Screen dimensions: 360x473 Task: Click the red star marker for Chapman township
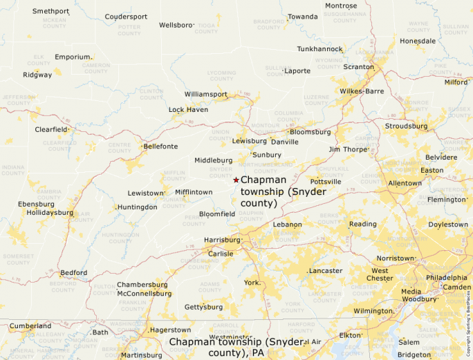click(x=236, y=180)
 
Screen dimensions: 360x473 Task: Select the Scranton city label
click(x=358, y=67)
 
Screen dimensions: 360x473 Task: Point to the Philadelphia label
click(x=446, y=277)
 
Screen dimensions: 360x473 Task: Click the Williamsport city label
click(x=205, y=94)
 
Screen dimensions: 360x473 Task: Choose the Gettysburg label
click(x=203, y=307)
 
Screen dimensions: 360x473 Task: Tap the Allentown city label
click(x=405, y=183)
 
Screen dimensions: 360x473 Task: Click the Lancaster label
click(x=326, y=270)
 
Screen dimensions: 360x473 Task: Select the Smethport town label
click(x=50, y=12)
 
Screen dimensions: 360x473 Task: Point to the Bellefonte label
click(x=160, y=146)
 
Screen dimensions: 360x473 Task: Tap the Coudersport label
click(x=126, y=17)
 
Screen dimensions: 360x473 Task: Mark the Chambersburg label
click(x=142, y=284)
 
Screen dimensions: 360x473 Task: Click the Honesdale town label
click(x=418, y=41)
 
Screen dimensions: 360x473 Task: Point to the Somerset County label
click(x=19, y=258)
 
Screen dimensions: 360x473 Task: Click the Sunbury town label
click(x=267, y=155)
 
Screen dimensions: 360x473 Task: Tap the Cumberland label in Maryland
click(x=30, y=325)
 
